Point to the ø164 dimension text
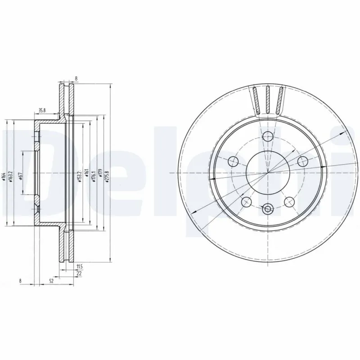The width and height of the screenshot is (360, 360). [x=4, y=176]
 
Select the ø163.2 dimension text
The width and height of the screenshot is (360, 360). [x=10, y=176]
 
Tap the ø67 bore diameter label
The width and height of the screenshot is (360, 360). [x=22, y=176]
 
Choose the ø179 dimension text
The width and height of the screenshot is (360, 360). [x=100, y=174]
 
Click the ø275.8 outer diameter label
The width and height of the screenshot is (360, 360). [x=107, y=174]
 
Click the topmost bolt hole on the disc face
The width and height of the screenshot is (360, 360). [x=269, y=135]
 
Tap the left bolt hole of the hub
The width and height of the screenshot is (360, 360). [x=234, y=161]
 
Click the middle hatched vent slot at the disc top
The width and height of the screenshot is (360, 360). [x=269, y=99]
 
